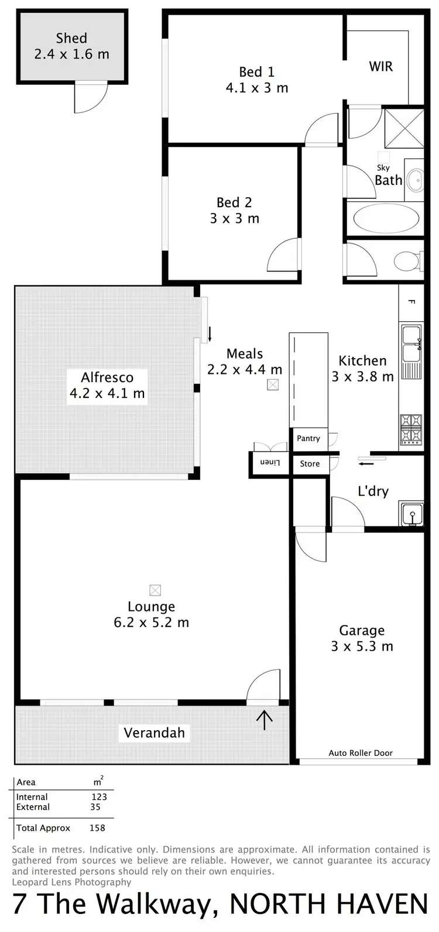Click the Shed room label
point(71,39)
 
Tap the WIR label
point(380,66)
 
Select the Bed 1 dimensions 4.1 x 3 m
point(256,88)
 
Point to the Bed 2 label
point(234,202)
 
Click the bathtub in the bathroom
point(386,219)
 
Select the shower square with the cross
point(404,128)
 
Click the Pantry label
point(308,438)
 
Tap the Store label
point(310,464)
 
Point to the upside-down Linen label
point(270,463)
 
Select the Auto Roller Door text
point(361,753)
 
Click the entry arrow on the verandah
point(265,719)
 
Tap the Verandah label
point(154,732)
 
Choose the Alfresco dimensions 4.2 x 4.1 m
point(107,393)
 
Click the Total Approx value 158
point(97,828)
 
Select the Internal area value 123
point(99,797)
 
